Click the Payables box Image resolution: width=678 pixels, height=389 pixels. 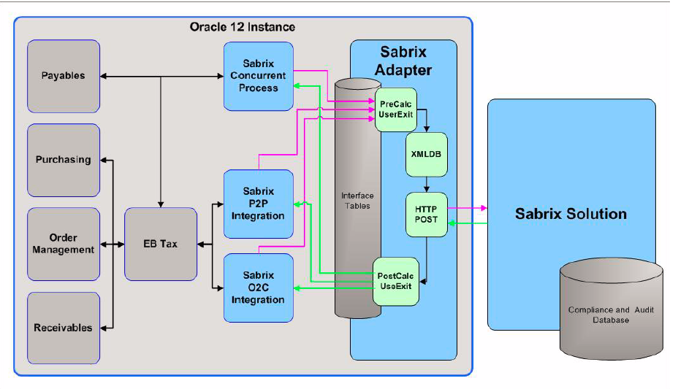[x=63, y=76]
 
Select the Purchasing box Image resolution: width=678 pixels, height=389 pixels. [x=63, y=160]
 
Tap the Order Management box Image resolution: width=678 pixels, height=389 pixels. [x=63, y=244]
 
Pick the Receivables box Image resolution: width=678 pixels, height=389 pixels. [x=63, y=328]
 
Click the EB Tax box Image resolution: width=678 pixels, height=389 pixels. [x=161, y=244]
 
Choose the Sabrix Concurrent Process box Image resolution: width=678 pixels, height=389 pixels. [x=258, y=76]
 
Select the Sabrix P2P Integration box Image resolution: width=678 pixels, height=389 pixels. [x=258, y=204]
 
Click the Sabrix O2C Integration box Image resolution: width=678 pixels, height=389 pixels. [x=258, y=288]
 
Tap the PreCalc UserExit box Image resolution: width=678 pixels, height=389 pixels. [x=395, y=110]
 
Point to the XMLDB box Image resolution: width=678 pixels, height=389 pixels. [x=426, y=155]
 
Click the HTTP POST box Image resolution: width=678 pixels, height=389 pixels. [x=426, y=215]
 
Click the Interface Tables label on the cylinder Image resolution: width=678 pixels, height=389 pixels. [x=357, y=201]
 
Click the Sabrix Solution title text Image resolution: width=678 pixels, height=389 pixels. [x=571, y=214]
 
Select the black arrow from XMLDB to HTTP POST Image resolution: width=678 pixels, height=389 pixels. [x=426, y=185]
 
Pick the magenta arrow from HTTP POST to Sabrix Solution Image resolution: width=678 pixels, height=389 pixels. [x=468, y=208]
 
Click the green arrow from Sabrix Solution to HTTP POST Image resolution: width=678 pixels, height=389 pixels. [x=468, y=223]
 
